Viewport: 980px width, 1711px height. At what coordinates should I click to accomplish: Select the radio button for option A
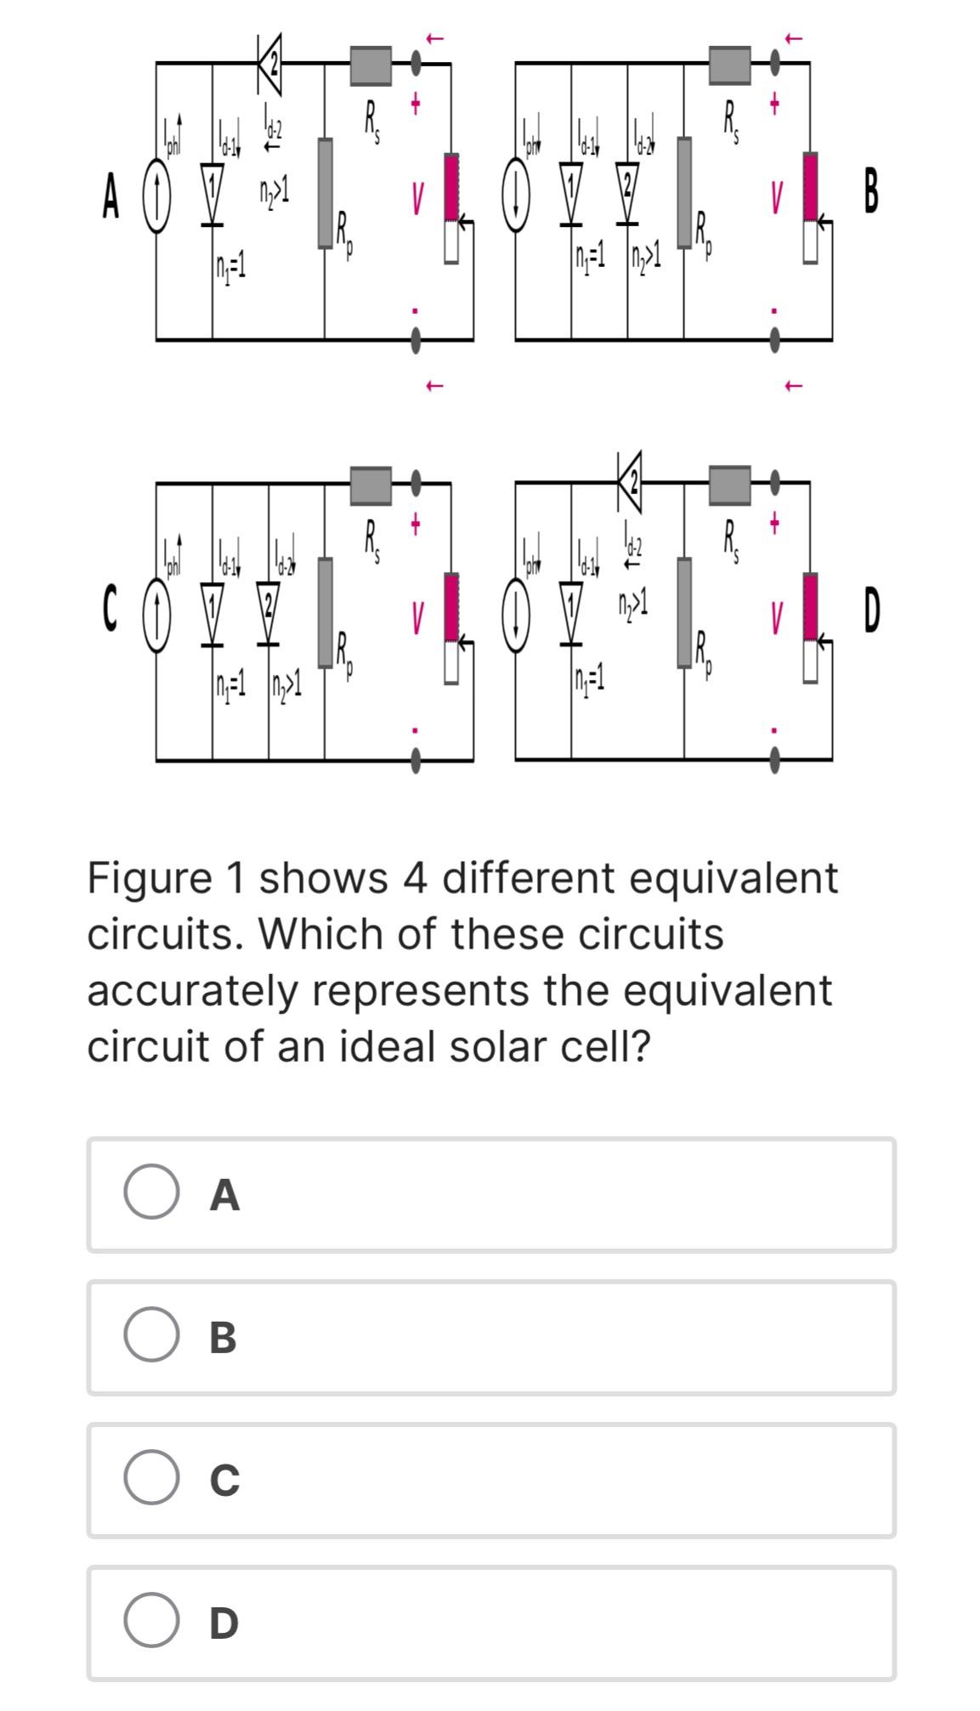(151, 1193)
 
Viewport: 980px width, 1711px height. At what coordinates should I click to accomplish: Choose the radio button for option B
(151, 1335)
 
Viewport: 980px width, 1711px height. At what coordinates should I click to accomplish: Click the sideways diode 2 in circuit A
(269, 62)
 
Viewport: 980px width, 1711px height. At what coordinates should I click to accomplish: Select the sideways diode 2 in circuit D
(630, 482)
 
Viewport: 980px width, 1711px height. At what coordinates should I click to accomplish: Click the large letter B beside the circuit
(870, 192)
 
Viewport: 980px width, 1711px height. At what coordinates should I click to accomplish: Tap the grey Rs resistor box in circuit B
(730, 65)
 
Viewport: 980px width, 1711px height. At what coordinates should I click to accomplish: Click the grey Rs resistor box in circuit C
(371, 485)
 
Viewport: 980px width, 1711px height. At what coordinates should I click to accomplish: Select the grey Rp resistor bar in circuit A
(325, 193)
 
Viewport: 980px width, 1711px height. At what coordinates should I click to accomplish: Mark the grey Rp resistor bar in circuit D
(684, 612)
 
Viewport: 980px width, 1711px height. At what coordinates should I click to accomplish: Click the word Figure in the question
(149, 879)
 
